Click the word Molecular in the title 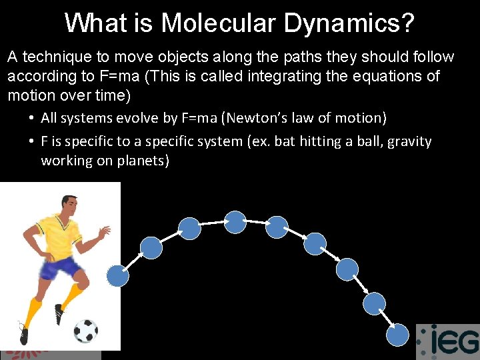pos(217,23)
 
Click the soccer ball pos(85,330)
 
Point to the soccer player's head pos(68,206)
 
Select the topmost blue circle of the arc pos(235,222)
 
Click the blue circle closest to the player pos(118,275)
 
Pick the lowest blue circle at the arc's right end pos(398,335)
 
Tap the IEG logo pos(447,341)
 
